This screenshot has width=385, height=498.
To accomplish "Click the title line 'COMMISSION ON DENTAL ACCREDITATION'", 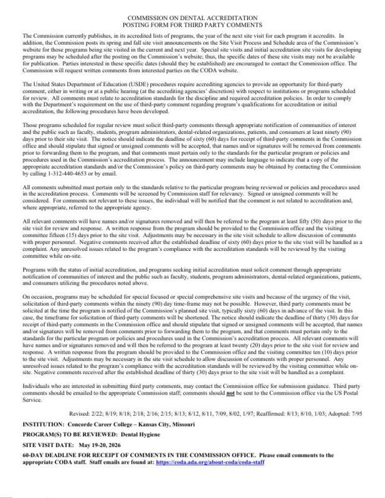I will [193, 19].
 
